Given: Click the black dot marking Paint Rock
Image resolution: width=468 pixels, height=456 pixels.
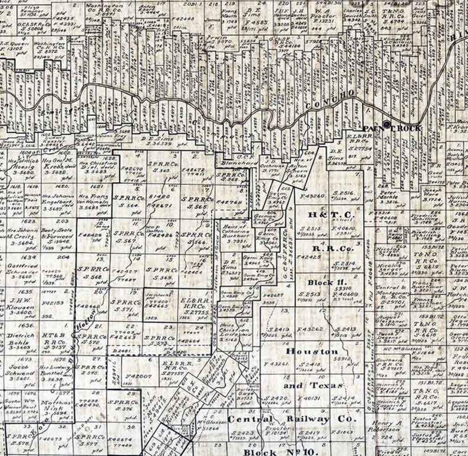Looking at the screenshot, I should [x=387, y=124].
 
